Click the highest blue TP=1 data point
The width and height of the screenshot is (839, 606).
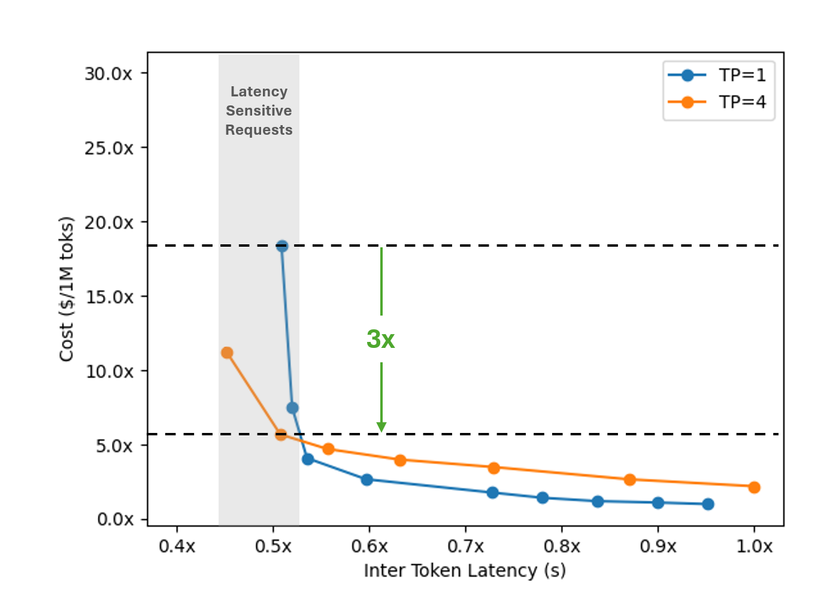[282, 246]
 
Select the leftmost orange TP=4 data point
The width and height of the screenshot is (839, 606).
[227, 353]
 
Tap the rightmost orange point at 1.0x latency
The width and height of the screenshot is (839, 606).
[754, 487]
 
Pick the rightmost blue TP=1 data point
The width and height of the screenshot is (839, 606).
[708, 504]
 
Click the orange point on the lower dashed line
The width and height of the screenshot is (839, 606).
[281, 435]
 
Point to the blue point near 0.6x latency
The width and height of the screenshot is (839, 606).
[367, 480]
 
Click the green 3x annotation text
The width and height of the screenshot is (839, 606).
[381, 339]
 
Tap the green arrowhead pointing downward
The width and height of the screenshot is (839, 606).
[381, 426]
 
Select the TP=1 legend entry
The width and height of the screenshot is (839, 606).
[717, 75]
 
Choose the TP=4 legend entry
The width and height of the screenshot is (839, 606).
[717, 102]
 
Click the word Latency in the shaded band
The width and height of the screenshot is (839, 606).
[259, 92]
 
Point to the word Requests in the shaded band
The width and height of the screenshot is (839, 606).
[259, 130]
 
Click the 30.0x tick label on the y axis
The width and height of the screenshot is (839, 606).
[108, 74]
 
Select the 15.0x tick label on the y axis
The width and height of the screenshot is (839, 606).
[109, 297]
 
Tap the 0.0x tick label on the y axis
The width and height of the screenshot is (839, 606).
[115, 519]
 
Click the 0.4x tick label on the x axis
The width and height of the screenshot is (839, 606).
[177, 546]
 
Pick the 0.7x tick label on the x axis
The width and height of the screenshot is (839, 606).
[465, 546]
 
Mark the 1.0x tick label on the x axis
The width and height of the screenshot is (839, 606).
[754, 546]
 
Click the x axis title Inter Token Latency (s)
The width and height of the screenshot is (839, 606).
[465, 571]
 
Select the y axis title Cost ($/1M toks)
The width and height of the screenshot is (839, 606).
[66, 289]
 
